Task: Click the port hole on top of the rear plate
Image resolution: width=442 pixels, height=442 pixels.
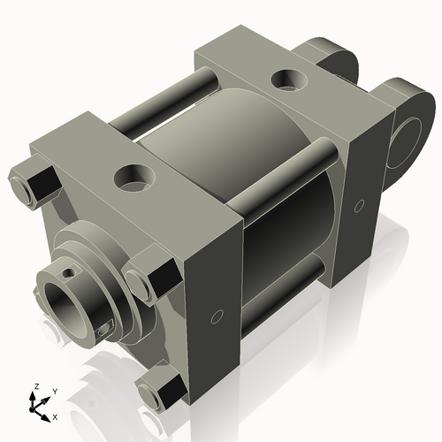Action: point(286,80)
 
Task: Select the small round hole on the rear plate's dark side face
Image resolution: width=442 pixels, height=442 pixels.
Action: point(358,207)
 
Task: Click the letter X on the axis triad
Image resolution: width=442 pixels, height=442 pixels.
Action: point(54,415)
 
